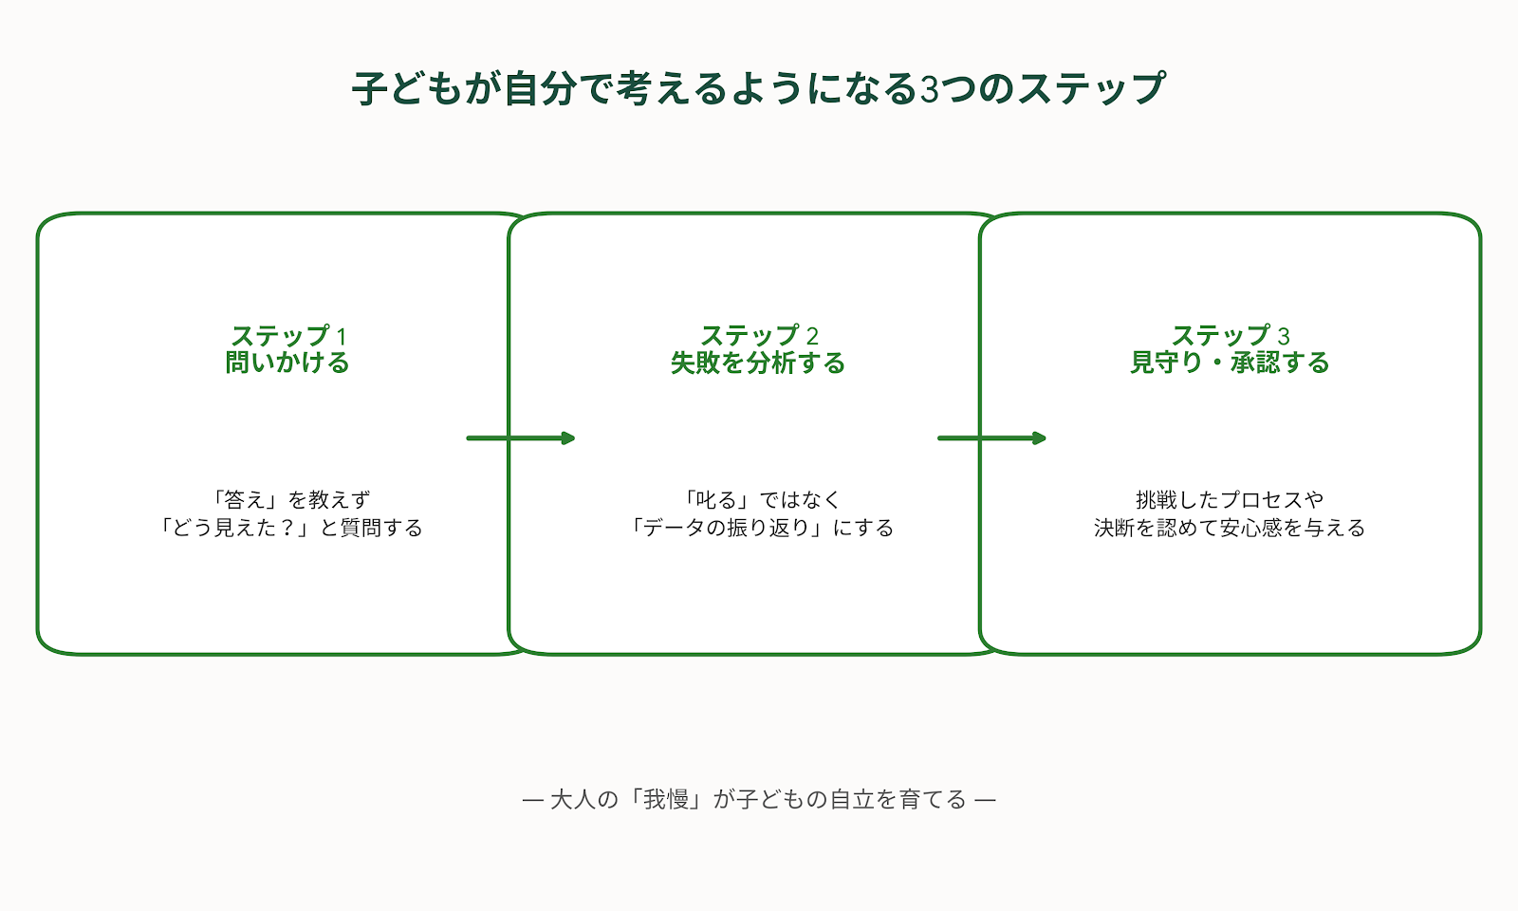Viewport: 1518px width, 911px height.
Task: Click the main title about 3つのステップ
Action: pyautogui.click(x=759, y=89)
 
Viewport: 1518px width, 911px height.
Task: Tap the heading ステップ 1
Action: pyautogui.click(x=288, y=336)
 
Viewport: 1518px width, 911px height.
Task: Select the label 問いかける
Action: pyautogui.click(x=287, y=363)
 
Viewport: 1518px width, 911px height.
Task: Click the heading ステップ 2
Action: pyautogui.click(x=759, y=336)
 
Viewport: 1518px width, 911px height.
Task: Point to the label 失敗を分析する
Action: pyautogui.click(x=758, y=363)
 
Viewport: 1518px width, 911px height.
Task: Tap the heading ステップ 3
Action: pyautogui.click(x=1230, y=336)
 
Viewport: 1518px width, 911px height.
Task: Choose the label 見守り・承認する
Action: pyautogui.click(x=1230, y=363)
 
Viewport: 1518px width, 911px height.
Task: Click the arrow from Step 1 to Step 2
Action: pyautogui.click(x=521, y=437)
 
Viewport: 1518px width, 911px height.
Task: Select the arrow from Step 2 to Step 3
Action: pyautogui.click(x=992, y=437)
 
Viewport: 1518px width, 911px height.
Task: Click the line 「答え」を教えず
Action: pyautogui.click(x=288, y=499)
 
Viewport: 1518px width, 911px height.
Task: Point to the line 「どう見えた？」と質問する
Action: pyautogui.click(x=288, y=528)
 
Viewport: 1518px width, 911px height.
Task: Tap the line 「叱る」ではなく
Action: pyautogui.click(x=759, y=499)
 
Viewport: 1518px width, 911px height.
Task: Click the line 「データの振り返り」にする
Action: pyautogui.click(x=759, y=528)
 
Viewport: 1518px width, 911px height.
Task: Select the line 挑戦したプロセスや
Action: pyautogui.click(x=1230, y=499)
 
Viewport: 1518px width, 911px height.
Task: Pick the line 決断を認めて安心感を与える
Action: pyautogui.click(x=1230, y=528)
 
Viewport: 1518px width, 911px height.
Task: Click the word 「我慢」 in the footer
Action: pyautogui.click(x=666, y=800)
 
